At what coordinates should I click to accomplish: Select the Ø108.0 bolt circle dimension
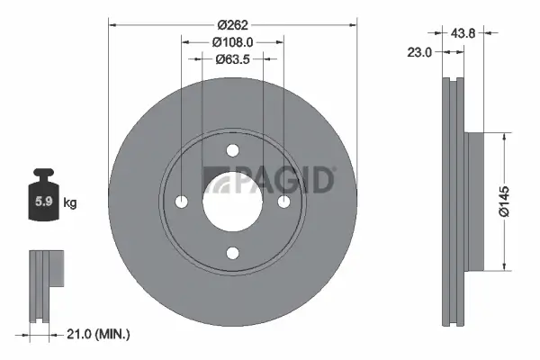(232, 40)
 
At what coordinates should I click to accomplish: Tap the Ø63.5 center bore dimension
(232, 59)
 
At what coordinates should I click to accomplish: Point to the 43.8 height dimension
(464, 32)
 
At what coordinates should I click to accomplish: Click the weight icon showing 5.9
(43, 199)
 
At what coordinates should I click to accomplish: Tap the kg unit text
(70, 203)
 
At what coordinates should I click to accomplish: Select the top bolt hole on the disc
(232, 150)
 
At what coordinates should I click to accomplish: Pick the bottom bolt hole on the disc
(232, 253)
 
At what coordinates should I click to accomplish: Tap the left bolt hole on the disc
(181, 202)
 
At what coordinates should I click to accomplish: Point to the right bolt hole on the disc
(283, 202)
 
